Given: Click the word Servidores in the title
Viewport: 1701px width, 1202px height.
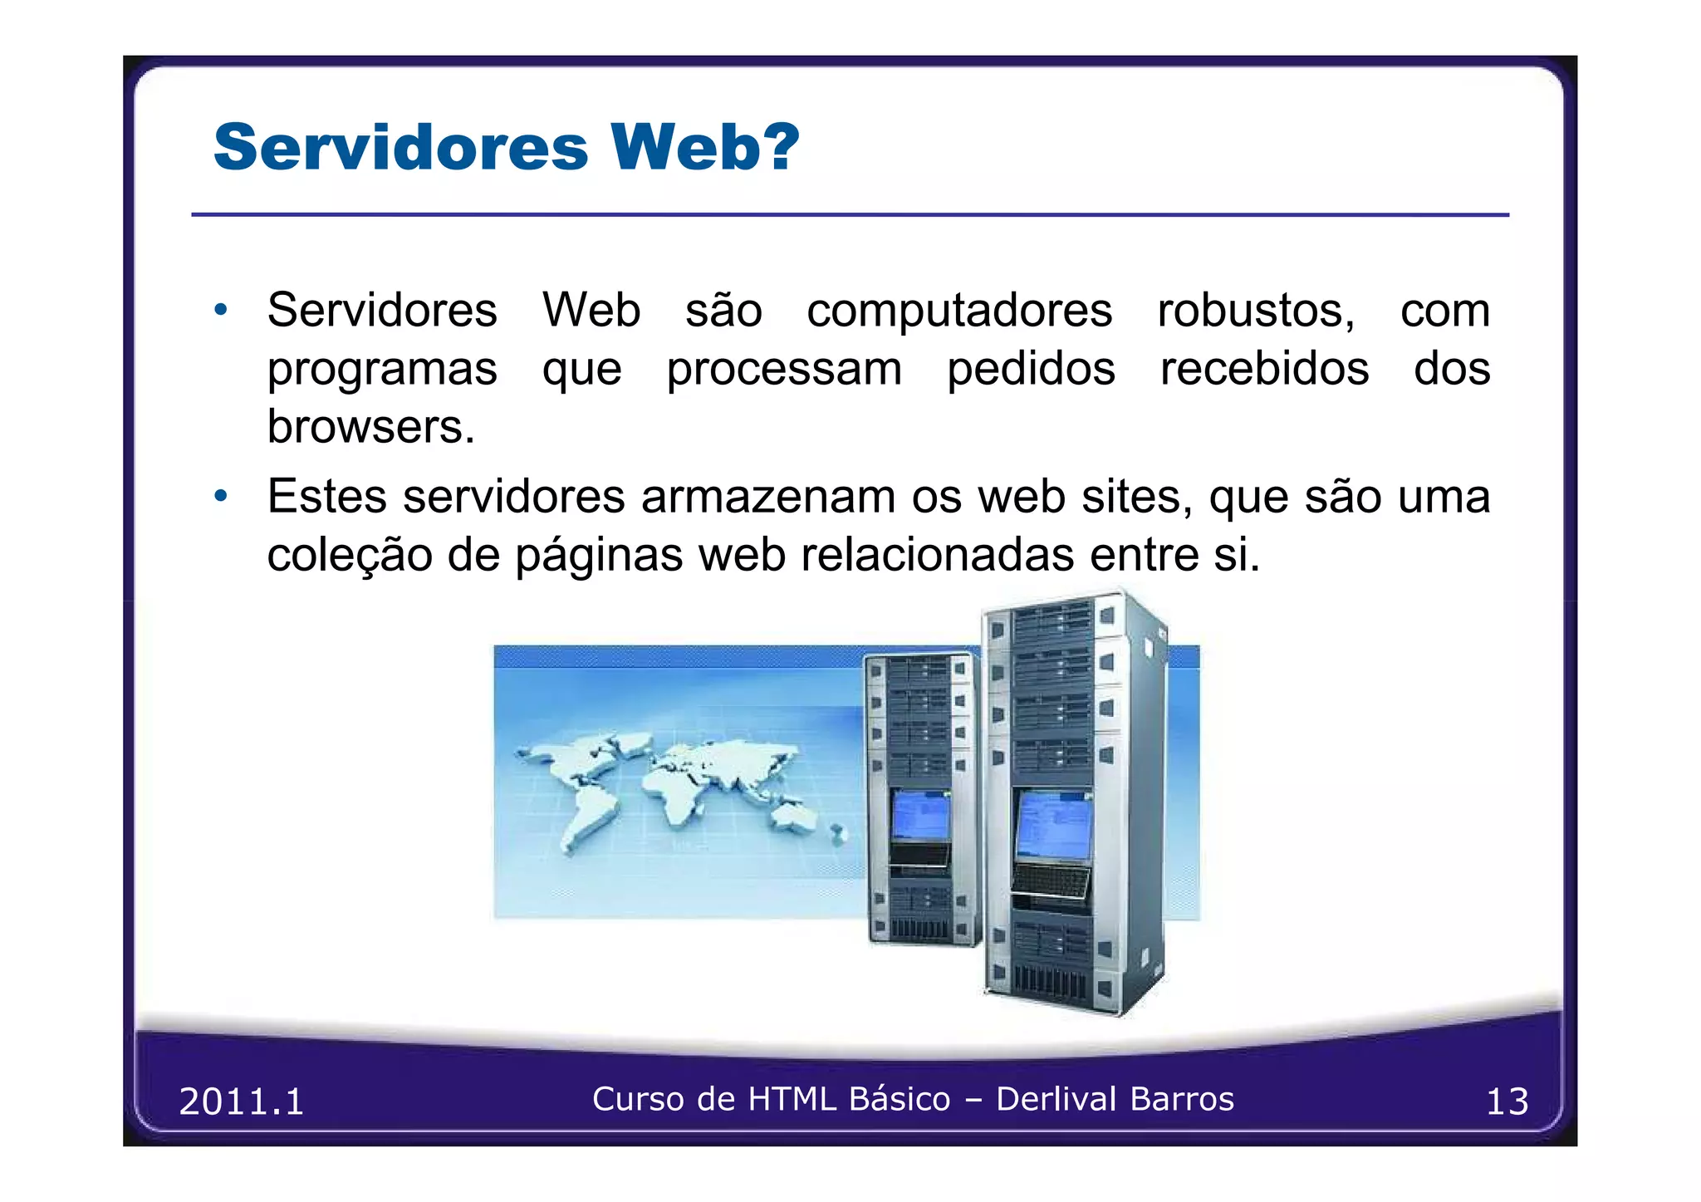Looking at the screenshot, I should pyautogui.click(x=400, y=147).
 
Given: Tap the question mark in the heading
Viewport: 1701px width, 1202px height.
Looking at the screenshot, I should pyautogui.click(x=781, y=147).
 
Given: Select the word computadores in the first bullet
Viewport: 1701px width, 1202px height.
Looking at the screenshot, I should pyautogui.click(x=959, y=311).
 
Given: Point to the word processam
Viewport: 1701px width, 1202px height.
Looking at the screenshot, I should pyautogui.click(x=784, y=370).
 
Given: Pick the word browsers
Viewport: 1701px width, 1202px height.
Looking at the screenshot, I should pyautogui.click(x=370, y=427).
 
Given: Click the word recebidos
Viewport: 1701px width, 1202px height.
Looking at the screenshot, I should pyautogui.click(x=1264, y=369).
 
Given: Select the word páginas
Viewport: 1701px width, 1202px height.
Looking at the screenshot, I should pyautogui.click(x=599, y=556).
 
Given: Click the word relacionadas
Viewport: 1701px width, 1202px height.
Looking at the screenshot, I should pyautogui.click(x=938, y=555).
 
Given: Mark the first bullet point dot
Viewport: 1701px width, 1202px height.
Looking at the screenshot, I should pyautogui.click(x=220, y=310).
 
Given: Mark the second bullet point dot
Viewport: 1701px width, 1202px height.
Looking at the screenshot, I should pyautogui.click(x=220, y=497).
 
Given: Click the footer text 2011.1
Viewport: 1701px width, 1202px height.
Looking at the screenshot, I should pyautogui.click(x=242, y=1101).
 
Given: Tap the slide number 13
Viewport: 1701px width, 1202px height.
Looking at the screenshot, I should pyautogui.click(x=1507, y=1101).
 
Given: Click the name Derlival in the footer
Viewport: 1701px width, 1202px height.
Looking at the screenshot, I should pyautogui.click(x=1056, y=1099).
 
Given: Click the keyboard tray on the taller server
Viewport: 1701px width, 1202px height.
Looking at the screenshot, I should pyautogui.click(x=1050, y=881).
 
